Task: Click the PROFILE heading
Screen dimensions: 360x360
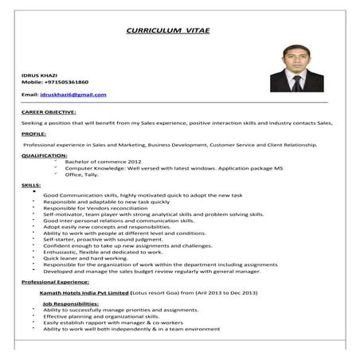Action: tap(33, 135)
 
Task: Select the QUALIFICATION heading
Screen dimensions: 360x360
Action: tap(45, 155)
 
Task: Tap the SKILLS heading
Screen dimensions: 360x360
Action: tap(32, 184)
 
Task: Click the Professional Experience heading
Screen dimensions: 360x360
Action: tap(56, 282)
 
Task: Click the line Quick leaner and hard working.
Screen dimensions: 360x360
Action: tap(86, 258)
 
